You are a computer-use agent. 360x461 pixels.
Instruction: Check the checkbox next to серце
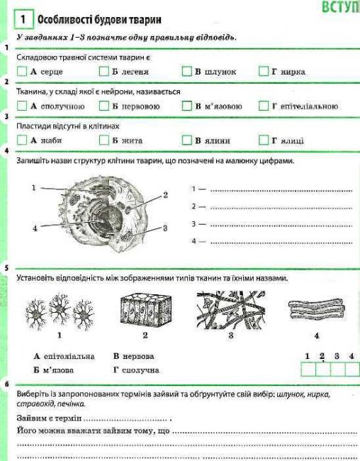click(x=22, y=71)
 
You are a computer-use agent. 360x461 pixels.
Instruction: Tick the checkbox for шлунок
click(x=187, y=71)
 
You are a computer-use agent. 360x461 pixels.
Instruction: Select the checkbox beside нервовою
click(x=104, y=106)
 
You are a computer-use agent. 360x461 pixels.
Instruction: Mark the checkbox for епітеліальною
click(x=264, y=106)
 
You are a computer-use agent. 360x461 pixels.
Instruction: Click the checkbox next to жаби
click(x=22, y=140)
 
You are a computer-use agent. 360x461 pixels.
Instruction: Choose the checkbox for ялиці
click(x=264, y=140)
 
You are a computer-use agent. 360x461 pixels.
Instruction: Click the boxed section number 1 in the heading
click(x=23, y=19)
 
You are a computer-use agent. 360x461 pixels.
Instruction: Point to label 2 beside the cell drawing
click(x=165, y=195)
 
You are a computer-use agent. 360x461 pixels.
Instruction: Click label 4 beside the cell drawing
click(x=35, y=228)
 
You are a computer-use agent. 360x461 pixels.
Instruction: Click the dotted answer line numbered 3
click(x=281, y=226)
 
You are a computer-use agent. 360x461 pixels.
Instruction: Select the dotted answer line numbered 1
click(x=281, y=191)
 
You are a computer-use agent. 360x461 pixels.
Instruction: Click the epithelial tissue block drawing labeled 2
click(x=146, y=311)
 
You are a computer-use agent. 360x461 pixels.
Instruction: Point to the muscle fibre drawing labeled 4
click(x=317, y=310)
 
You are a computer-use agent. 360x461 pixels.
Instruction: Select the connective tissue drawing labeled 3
click(x=231, y=310)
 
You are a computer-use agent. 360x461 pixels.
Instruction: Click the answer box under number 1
click(x=308, y=370)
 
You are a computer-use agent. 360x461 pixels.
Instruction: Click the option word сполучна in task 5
click(x=140, y=370)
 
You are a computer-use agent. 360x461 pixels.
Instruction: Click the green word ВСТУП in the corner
click(x=341, y=7)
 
